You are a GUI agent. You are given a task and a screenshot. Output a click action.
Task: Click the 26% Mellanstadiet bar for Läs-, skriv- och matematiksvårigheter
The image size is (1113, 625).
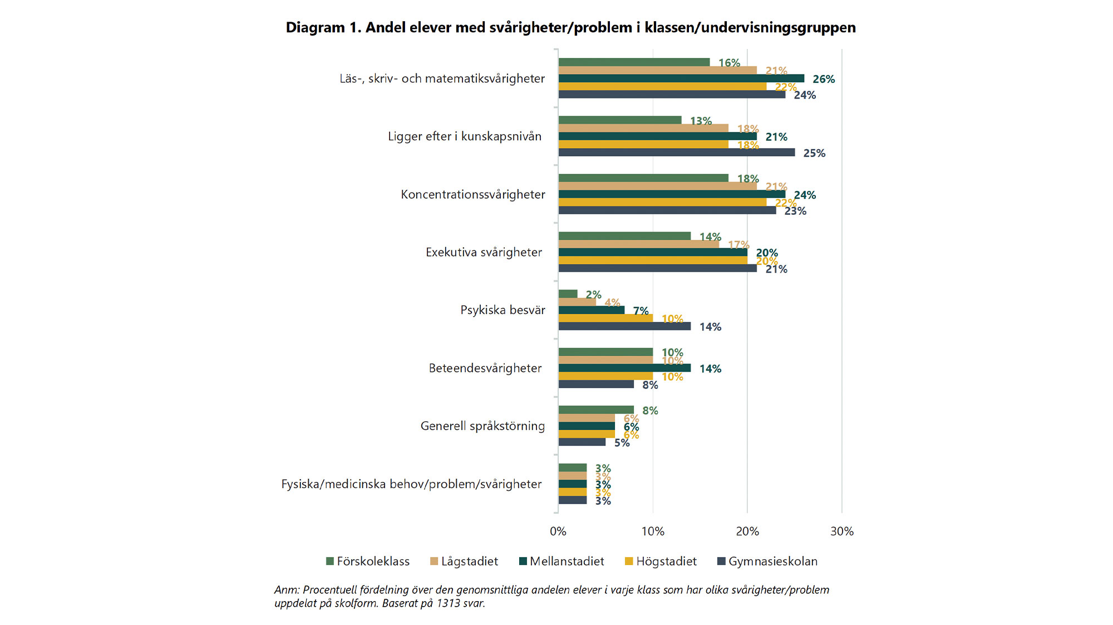coord(681,78)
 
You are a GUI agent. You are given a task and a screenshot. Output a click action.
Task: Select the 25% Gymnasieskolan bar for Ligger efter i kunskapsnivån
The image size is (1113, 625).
coord(677,152)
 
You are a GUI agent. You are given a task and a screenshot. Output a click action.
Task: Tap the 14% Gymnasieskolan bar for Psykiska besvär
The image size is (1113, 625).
coord(624,326)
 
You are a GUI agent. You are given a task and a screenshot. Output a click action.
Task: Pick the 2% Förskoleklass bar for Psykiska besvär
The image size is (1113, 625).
coord(568,294)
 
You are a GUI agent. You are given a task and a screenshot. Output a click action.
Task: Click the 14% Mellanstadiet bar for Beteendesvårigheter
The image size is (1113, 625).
coord(624,368)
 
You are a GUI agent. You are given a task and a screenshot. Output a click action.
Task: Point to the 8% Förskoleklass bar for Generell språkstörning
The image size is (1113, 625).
coord(596,410)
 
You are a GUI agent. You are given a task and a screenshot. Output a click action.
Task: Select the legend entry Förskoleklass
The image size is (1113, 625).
coord(368,562)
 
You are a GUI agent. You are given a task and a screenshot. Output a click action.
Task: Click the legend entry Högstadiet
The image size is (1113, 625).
coord(661,562)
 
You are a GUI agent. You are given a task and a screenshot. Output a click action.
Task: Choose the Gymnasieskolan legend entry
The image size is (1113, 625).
coord(767,562)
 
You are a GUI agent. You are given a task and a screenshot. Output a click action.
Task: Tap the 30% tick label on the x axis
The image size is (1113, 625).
coord(841,532)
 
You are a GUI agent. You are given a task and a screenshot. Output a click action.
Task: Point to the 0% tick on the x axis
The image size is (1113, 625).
coord(558,532)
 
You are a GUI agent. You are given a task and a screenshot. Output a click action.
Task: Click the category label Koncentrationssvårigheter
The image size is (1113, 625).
coord(473,195)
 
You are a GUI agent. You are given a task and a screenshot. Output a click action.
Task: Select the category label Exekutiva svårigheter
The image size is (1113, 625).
coord(484,253)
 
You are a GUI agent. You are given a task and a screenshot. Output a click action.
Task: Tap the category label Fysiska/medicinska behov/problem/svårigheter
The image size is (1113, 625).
coord(411,484)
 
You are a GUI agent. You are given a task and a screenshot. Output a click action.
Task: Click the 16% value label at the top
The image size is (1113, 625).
coord(729,63)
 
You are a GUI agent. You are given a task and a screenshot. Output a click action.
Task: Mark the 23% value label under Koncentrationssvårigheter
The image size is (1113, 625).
coord(795,211)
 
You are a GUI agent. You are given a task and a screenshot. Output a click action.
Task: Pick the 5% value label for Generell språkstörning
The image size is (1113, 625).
coord(622,443)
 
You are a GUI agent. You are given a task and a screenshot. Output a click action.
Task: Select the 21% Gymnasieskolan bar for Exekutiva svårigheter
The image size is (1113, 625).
coord(658,268)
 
